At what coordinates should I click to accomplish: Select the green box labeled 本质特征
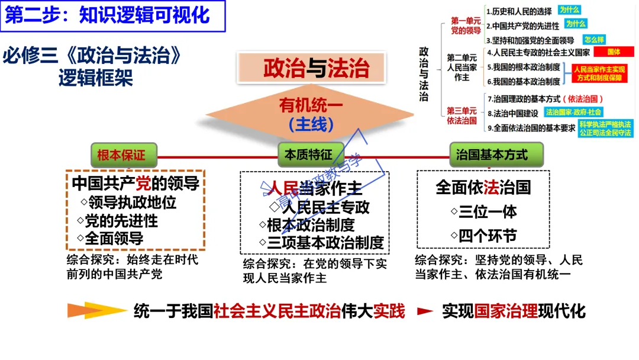click(308, 155)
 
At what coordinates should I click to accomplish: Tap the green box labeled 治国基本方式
click(492, 155)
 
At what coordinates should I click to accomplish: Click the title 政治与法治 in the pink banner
click(315, 68)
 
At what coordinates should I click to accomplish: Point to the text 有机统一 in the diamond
click(311, 106)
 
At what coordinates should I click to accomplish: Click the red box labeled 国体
click(614, 52)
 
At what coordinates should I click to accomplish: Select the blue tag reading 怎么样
click(593, 40)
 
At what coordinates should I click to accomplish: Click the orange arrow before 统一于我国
click(89, 310)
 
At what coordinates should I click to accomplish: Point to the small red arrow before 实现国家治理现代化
click(425, 310)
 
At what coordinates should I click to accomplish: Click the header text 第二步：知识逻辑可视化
click(108, 15)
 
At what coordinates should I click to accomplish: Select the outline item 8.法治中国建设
click(512, 112)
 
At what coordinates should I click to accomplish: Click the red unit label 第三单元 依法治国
click(461, 115)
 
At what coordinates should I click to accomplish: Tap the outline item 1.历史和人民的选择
click(519, 11)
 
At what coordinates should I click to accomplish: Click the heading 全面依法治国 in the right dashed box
click(483, 188)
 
